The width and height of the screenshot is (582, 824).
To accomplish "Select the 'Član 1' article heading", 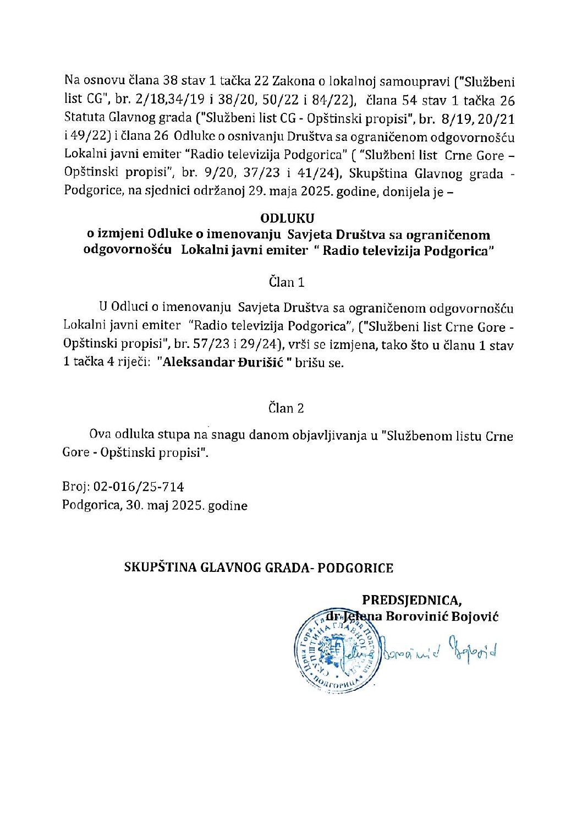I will [x=287, y=282].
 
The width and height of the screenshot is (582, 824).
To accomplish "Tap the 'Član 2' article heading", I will [x=287, y=408].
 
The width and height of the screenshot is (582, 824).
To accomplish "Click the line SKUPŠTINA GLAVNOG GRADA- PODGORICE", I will [x=259, y=567].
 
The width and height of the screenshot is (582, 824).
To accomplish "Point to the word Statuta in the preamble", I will [x=81, y=118].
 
